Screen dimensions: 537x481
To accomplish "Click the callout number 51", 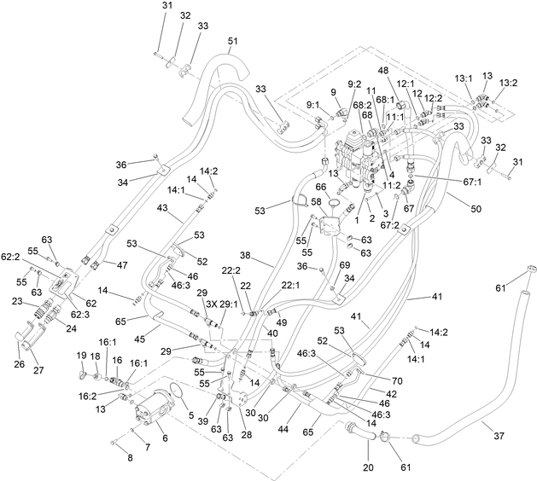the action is [x=232, y=41].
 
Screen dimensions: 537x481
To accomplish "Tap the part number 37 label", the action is [x=499, y=436].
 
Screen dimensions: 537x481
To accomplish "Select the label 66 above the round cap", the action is [x=321, y=187].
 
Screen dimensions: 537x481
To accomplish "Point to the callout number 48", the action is [x=383, y=71].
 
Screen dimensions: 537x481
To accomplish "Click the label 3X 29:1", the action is [x=222, y=304].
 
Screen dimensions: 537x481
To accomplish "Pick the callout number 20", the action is [x=368, y=467].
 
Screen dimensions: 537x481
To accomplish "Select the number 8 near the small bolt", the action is [x=130, y=458].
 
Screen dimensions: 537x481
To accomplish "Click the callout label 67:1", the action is [x=472, y=183].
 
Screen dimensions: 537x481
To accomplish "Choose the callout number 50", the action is [x=476, y=209].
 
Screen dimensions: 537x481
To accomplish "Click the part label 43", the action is [x=162, y=207].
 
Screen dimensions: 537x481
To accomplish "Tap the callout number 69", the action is [x=345, y=265].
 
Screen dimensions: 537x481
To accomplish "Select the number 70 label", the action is [x=397, y=380].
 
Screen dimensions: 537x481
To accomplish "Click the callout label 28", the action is [x=247, y=434].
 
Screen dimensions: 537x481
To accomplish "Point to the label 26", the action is [x=20, y=363].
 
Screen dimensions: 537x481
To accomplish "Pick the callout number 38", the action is [x=254, y=256].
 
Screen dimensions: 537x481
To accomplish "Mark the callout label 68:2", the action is [x=363, y=106].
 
